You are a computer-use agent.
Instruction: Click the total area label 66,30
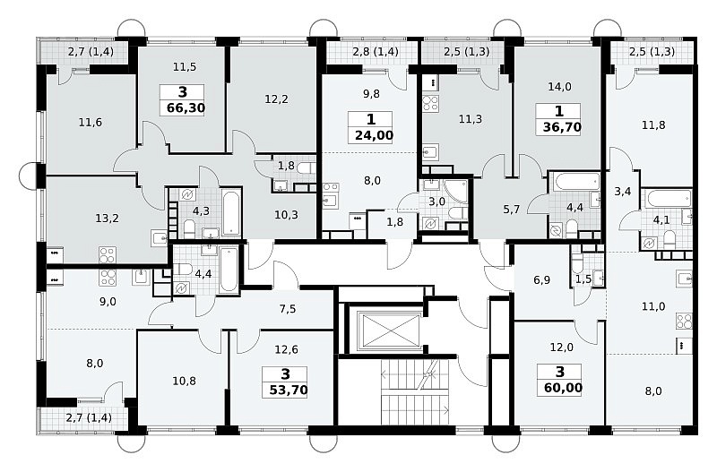pyautogui.click(x=186, y=108)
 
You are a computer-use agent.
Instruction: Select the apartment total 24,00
pyautogui.click(x=374, y=136)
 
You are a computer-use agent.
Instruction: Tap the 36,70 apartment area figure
pyautogui.click(x=562, y=127)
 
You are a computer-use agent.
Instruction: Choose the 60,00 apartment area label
pyautogui.click(x=564, y=388)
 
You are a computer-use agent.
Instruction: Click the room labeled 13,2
pyautogui.click(x=107, y=219)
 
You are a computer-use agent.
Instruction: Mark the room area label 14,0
pyautogui.click(x=559, y=86)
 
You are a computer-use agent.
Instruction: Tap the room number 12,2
pyautogui.click(x=276, y=99)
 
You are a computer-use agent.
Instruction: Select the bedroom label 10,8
pyautogui.click(x=185, y=380)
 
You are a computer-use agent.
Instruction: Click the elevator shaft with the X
pyautogui.click(x=389, y=330)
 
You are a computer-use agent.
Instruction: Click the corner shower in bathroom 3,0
pyautogui.click(x=456, y=192)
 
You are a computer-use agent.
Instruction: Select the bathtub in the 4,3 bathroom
pyautogui.click(x=230, y=212)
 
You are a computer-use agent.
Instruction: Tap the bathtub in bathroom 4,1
pyautogui.click(x=669, y=199)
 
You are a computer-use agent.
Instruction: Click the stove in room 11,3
pyautogui.click(x=430, y=103)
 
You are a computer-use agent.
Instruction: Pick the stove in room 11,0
pyautogui.click(x=685, y=321)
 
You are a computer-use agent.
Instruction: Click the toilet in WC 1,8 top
pyautogui.click(x=306, y=168)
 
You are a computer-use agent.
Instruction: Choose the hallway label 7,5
pyautogui.click(x=288, y=309)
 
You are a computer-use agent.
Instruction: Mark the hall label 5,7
pyautogui.click(x=511, y=210)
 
